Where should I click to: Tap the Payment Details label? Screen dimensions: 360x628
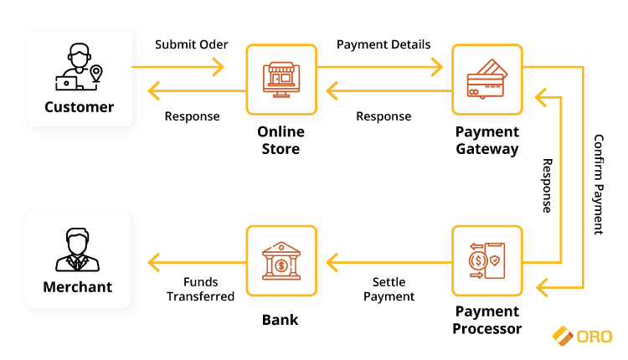click(383, 44)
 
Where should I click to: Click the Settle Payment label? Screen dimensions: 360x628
click(390, 289)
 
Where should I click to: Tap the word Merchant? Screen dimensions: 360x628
click(78, 287)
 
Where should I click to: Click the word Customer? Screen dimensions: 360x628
click(79, 106)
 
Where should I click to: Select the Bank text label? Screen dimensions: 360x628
click(281, 320)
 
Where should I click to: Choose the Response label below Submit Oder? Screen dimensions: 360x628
click(192, 116)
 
